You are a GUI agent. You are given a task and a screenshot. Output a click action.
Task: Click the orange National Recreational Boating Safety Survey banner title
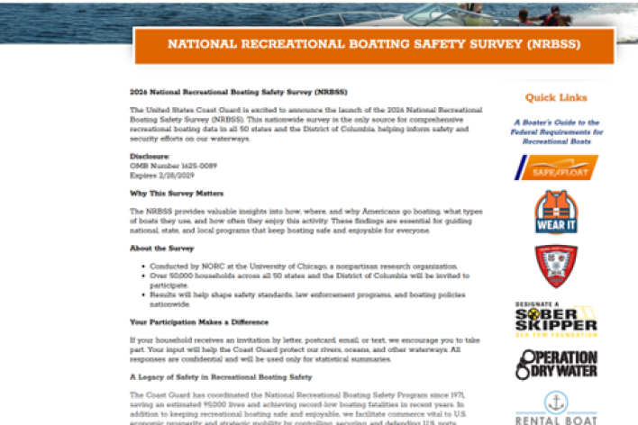[x=373, y=44]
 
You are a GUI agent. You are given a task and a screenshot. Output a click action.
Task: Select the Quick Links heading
[x=556, y=97]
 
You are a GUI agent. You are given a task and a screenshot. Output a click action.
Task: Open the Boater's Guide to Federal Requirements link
[x=556, y=132]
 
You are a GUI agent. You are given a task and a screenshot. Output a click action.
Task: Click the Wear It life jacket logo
[x=556, y=212]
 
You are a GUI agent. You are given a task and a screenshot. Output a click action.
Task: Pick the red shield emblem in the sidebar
[x=556, y=266]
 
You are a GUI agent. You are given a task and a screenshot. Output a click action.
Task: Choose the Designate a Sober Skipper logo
[x=556, y=319]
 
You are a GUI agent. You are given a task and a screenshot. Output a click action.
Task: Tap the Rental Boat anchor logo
[x=556, y=409]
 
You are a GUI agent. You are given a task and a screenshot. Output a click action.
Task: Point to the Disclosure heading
[x=150, y=156]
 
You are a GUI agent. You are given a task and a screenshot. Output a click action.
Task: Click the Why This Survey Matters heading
[x=177, y=194]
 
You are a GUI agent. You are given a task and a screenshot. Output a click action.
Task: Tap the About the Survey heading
[x=160, y=249]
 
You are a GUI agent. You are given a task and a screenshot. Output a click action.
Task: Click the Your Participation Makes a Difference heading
[x=198, y=321]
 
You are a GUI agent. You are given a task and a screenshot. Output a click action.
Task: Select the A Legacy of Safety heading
[x=221, y=376]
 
